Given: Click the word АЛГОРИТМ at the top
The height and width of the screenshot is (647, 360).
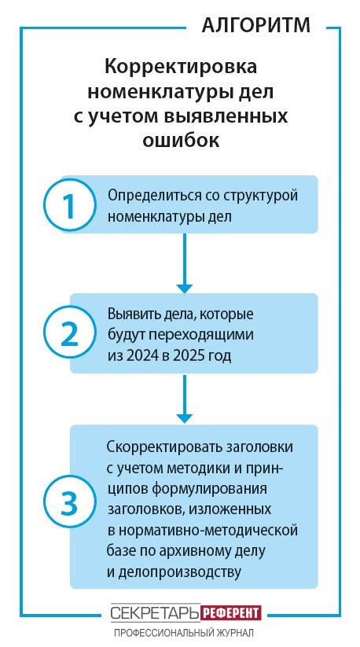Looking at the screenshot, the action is pyautogui.click(x=256, y=26).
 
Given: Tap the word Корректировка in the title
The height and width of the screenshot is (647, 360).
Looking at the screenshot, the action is pyautogui.click(x=181, y=67).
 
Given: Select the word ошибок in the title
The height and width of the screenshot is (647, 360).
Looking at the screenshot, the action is pyautogui.click(x=181, y=140).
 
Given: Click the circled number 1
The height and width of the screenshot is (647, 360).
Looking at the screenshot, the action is pyautogui.click(x=70, y=204).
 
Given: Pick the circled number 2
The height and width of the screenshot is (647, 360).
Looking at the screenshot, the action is pyautogui.click(x=70, y=333).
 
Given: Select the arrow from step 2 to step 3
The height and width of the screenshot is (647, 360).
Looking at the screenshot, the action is pyautogui.click(x=185, y=399).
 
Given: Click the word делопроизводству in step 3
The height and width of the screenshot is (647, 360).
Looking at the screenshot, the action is pyautogui.click(x=178, y=572).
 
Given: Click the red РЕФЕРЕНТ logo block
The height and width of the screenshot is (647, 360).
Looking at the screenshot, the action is pyautogui.click(x=231, y=613).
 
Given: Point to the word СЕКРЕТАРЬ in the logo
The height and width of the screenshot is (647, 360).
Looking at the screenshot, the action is pyautogui.click(x=156, y=613).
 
